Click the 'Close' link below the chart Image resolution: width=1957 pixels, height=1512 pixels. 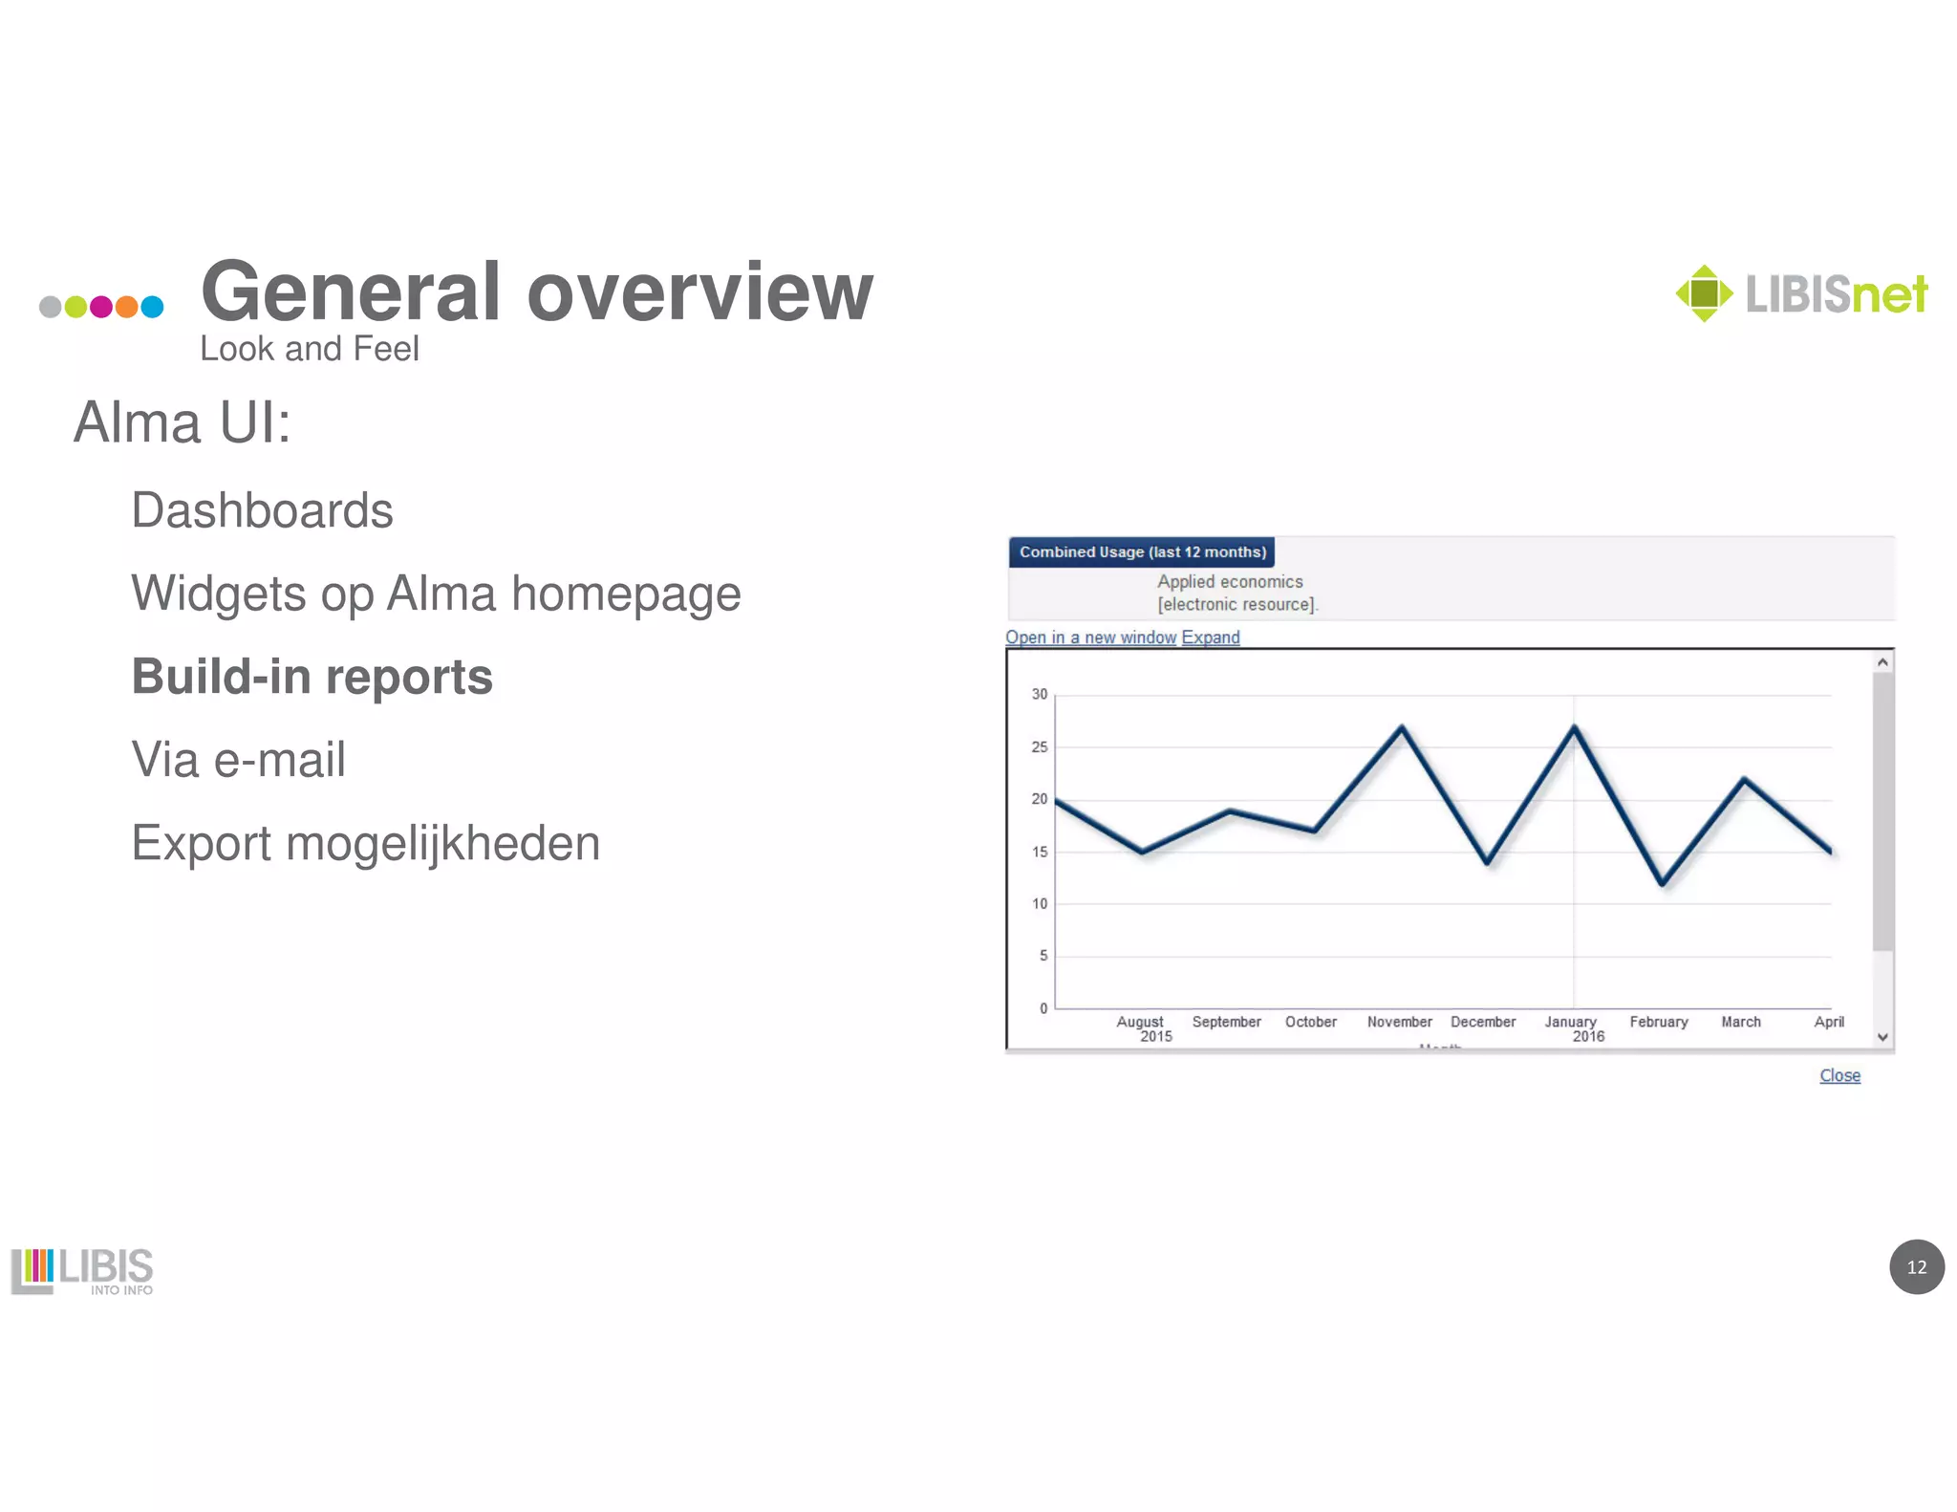[1839, 1075]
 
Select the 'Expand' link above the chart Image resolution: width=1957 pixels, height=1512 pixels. [1210, 637]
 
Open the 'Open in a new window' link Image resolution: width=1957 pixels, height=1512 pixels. [1089, 637]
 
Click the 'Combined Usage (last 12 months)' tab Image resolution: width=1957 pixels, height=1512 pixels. [1142, 552]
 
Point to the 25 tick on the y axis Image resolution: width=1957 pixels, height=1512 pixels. [1039, 746]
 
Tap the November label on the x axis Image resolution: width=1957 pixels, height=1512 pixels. [1399, 1022]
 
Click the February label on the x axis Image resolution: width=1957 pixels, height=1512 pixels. [1658, 1022]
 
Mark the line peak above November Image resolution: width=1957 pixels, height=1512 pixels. [1402, 727]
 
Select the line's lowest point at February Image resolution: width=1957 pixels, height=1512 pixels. [1663, 884]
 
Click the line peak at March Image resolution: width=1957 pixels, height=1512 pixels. [1745, 780]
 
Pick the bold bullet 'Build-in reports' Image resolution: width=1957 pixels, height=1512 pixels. [312, 677]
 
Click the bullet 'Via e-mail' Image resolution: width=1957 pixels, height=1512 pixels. [238, 760]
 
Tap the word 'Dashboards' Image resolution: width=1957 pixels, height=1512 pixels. [262, 510]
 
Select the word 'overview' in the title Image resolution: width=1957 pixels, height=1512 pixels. [699, 292]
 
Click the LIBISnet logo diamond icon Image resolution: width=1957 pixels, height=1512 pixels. [1704, 293]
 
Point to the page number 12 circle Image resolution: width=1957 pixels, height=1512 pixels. [1916, 1266]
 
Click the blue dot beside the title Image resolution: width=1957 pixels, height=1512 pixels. [152, 307]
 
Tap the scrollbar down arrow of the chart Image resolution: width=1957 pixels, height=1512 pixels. [1882, 1037]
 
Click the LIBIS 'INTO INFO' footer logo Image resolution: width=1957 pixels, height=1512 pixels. [82, 1271]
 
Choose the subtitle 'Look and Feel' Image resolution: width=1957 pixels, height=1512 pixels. [309, 349]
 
